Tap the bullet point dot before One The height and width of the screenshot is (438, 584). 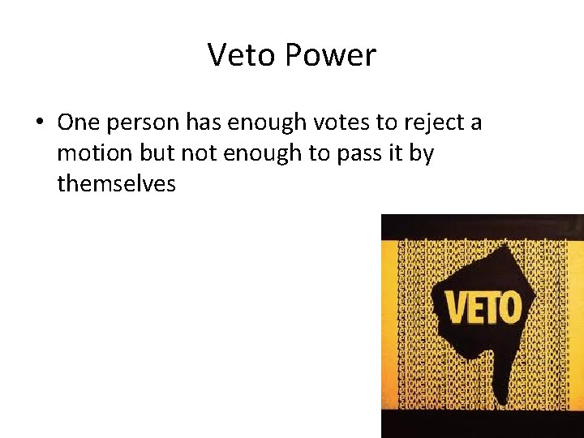pyautogui.click(x=39, y=123)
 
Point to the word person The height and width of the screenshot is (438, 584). pyautogui.click(x=141, y=124)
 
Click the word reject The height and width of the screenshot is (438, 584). pyautogui.click(x=431, y=124)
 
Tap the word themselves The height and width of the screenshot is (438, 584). pyautogui.click(x=116, y=184)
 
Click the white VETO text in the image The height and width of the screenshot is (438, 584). pyautogui.click(x=483, y=308)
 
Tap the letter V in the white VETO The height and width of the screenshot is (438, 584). pyautogui.click(x=456, y=308)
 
